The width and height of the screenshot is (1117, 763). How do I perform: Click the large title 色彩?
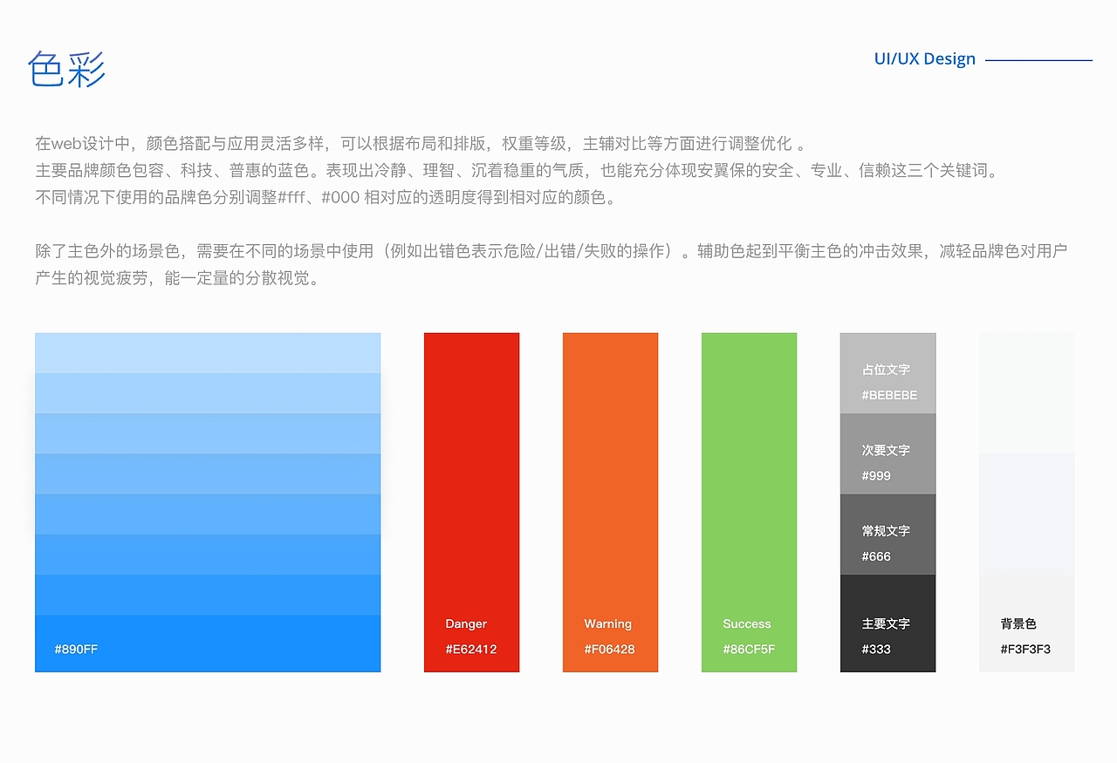(66, 69)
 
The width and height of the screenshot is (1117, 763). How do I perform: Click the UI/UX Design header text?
(924, 59)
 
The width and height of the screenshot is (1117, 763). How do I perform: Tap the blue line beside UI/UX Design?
(1038, 60)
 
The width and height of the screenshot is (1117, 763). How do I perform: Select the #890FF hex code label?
(76, 649)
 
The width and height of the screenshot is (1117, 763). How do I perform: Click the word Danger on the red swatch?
(466, 623)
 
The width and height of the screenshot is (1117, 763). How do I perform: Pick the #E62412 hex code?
(470, 649)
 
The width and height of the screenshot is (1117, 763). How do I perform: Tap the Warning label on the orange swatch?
(607, 623)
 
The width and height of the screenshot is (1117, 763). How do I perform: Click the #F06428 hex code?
(609, 649)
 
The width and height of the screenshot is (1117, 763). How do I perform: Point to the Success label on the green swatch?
(746, 623)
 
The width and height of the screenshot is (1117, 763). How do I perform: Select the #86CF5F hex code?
(749, 649)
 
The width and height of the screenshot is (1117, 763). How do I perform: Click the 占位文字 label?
(886, 370)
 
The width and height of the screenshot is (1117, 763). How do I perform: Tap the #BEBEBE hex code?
(889, 395)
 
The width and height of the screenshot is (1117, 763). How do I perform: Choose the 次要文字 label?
(886, 450)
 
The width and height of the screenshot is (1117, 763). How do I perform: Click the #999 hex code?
(876, 475)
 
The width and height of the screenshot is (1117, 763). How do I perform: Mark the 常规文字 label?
(886, 530)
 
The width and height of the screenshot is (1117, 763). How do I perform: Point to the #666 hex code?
(876, 555)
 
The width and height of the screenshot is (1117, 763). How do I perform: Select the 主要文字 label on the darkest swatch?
(886, 623)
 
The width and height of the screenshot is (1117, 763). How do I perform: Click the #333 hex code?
(876, 649)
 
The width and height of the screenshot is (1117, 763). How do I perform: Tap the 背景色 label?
(1018, 623)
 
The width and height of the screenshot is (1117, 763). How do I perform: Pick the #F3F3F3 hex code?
(1025, 649)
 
